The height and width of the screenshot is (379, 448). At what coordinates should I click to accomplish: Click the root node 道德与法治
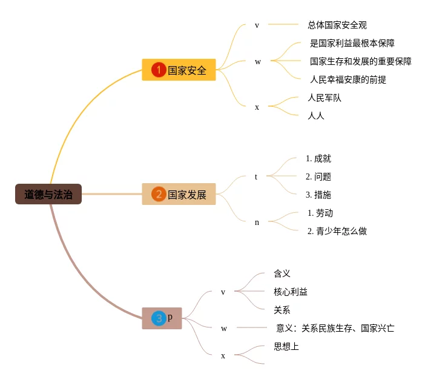point(48,194)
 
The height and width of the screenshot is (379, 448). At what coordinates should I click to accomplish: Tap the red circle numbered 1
point(159,70)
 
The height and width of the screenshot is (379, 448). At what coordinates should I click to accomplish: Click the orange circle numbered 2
point(159,194)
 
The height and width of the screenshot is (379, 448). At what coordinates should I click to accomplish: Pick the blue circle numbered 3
point(159,318)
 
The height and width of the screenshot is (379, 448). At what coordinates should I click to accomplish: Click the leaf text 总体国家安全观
point(337,25)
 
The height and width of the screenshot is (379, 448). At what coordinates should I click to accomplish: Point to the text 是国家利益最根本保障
point(353,43)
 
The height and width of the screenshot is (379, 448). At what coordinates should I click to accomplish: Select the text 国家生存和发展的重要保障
point(361,61)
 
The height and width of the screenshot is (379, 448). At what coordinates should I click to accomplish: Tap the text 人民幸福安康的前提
point(348,79)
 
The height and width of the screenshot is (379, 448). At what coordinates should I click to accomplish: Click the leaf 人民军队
point(324,98)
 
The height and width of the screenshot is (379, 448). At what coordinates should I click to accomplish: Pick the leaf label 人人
point(316,116)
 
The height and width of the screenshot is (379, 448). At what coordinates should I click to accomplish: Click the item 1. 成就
point(318,158)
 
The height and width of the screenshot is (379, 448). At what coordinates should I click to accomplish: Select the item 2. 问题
point(318,176)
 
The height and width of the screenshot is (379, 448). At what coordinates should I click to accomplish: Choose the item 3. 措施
point(318,195)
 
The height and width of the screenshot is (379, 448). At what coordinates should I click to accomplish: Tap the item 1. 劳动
point(320,213)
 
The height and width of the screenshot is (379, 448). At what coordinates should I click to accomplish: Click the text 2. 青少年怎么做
point(337,231)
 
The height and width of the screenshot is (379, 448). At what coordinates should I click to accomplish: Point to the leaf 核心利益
point(291,292)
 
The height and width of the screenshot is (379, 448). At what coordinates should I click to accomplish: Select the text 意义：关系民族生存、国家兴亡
point(335,328)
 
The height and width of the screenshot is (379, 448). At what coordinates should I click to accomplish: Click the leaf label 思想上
point(286,346)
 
